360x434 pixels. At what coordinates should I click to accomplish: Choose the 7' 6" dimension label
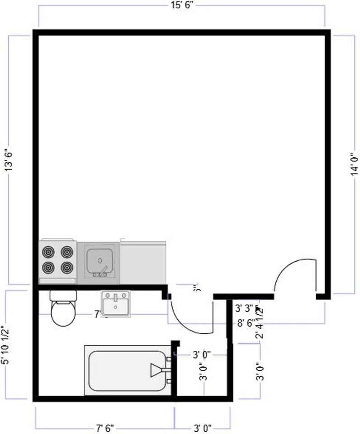click(x=105, y=427)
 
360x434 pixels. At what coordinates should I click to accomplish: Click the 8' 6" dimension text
click(x=245, y=324)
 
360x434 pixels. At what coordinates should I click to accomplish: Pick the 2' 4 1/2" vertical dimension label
click(x=260, y=322)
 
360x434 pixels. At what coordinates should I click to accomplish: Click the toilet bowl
click(x=63, y=314)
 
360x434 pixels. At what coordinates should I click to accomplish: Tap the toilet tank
click(x=63, y=296)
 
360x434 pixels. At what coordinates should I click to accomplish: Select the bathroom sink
click(x=115, y=303)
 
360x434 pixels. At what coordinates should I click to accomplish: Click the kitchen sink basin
click(x=99, y=260)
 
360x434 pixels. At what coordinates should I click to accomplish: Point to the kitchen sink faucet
click(x=102, y=272)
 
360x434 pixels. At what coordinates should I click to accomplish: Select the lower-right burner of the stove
click(x=67, y=267)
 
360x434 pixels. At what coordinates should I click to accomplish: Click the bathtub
click(x=127, y=371)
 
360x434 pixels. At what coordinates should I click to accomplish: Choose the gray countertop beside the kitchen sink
click(x=143, y=263)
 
